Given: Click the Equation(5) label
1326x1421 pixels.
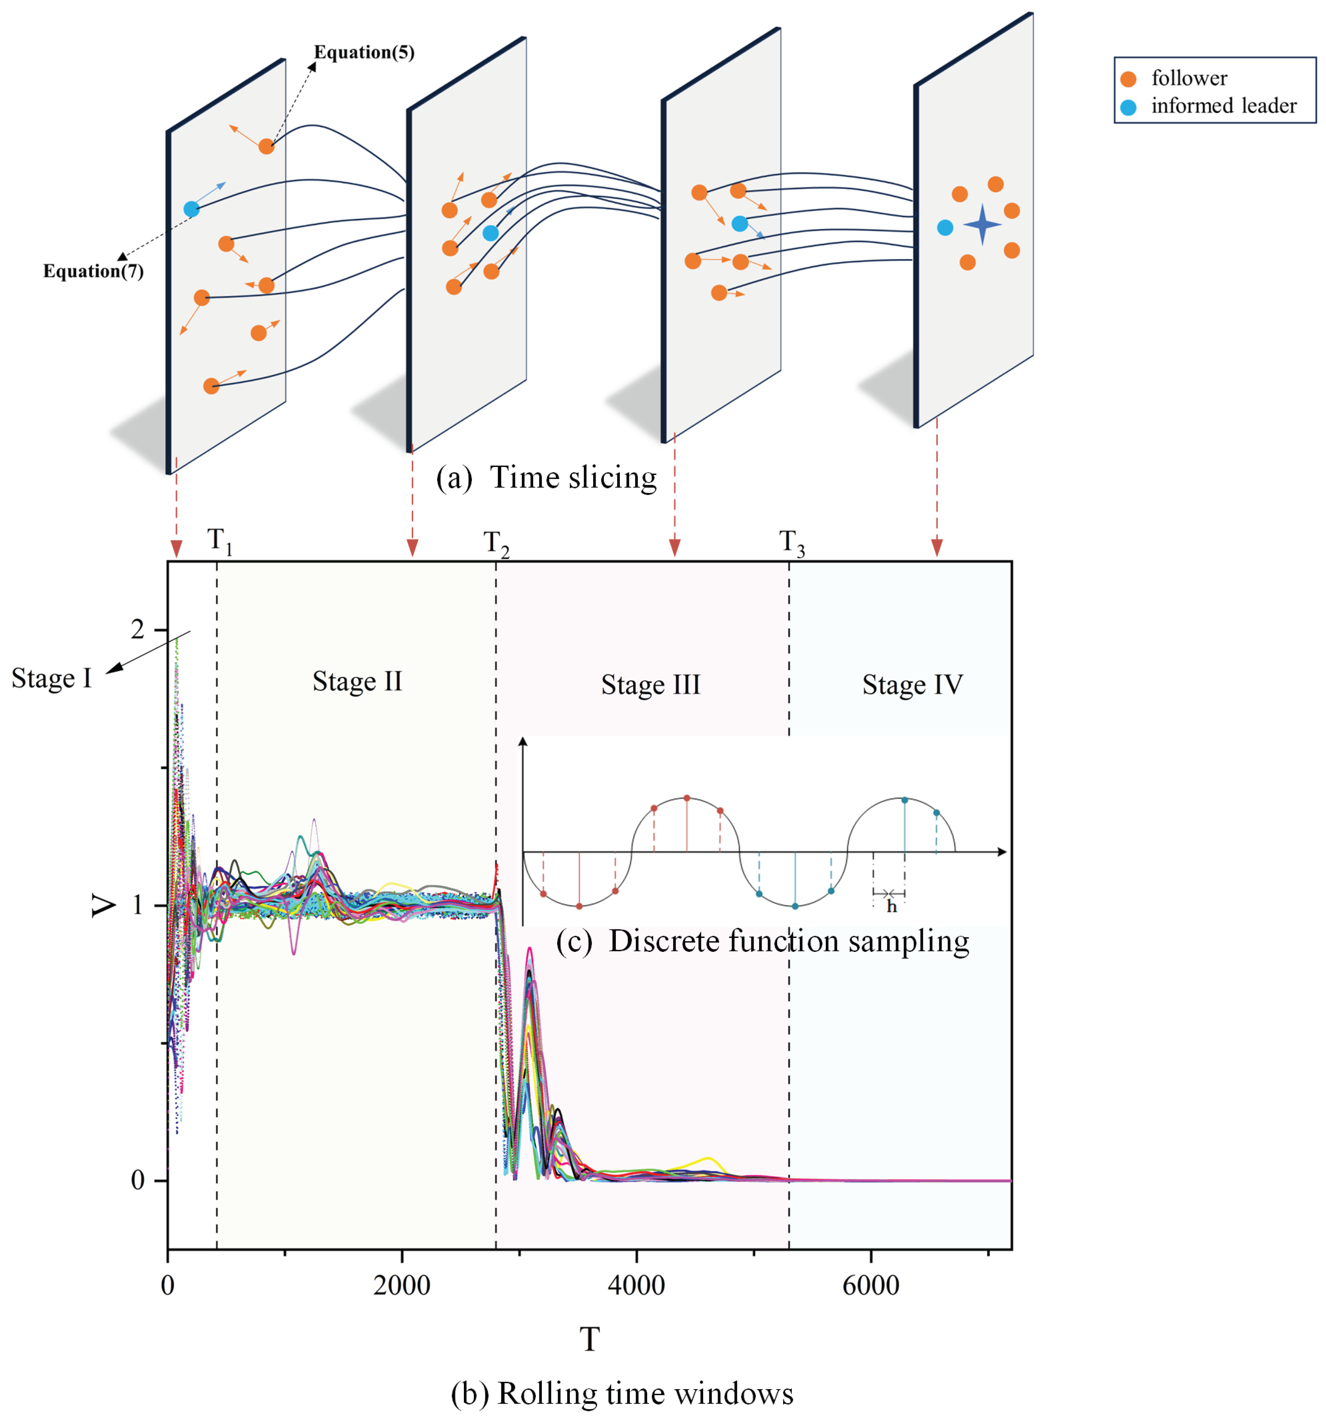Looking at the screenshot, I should (x=364, y=52).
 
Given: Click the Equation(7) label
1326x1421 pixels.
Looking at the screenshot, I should (x=93, y=271).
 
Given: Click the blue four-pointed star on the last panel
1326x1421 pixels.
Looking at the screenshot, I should (x=982, y=225).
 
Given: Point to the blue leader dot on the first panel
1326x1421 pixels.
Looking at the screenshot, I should (x=191, y=209).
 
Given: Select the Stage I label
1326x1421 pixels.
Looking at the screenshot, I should (x=51, y=678).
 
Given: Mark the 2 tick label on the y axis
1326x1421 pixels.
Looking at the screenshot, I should (x=137, y=629).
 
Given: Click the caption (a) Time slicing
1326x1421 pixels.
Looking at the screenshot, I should (x=546, y=478).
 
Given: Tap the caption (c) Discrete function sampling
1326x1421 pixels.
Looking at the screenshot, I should (x=762, y=941).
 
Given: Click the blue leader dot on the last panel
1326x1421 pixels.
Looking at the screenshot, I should (x=944, y=227).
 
